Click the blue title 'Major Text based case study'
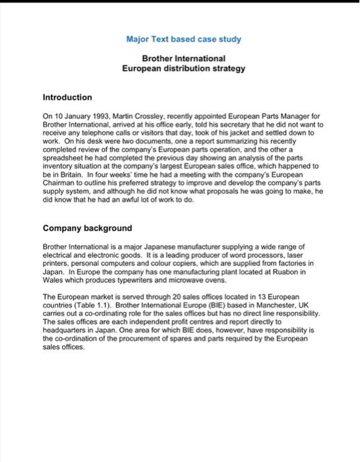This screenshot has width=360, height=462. (183, 39)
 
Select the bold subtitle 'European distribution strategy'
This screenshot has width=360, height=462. (183, 68)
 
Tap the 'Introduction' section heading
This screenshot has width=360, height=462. (67, 97)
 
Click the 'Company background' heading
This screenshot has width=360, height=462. (87, 228)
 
